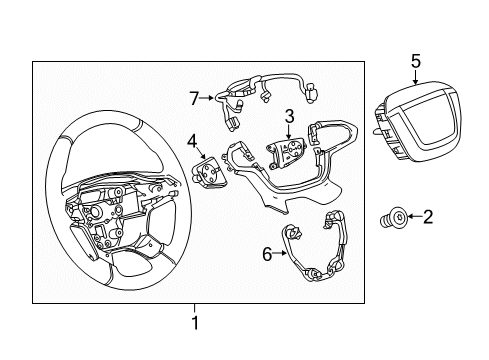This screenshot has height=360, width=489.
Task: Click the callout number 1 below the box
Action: coord(195,323)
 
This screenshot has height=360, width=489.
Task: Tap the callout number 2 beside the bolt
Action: coord(428,217)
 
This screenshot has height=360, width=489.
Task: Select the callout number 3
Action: coord(289,116)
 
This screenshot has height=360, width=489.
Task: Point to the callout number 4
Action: coord(192,142)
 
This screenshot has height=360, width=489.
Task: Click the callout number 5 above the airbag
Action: coord(416,61)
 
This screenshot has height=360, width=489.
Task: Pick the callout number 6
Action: coord(267,254)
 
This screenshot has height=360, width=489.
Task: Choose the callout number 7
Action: coord(194,98)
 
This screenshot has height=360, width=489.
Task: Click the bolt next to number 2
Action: coord(394,218)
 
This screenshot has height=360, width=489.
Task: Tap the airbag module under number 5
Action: coord(417,122)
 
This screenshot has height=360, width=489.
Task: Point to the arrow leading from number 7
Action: coord(207,98)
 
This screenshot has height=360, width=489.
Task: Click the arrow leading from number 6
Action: coord(279,253)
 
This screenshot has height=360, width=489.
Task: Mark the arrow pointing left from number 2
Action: coord(415,216)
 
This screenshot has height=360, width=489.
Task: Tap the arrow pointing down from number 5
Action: coord(415,77)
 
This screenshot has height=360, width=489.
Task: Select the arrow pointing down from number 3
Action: coord(289,132)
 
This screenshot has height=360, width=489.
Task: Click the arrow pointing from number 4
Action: coord(201,153)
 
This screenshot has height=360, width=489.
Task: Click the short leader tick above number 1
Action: coord(195,309)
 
